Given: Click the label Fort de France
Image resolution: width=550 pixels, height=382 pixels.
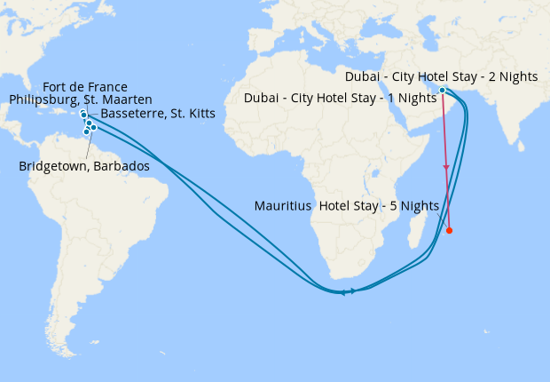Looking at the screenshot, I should click(85, 86).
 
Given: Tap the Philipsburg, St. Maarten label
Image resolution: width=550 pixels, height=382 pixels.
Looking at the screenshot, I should click(81, 99).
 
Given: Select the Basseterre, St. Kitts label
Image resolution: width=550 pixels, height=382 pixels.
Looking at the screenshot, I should click(158, 114).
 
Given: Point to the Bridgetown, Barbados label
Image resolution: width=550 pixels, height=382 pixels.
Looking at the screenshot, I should click(83, 166).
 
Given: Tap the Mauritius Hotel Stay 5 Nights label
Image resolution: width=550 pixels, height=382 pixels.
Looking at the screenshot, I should click(347, 205).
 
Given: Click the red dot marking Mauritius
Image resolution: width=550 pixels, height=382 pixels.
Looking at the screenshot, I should click(449, 231).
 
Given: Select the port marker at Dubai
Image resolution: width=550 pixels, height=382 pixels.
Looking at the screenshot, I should click(442, 90).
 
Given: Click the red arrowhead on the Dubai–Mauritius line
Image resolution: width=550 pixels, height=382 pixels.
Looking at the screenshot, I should click(446, 167).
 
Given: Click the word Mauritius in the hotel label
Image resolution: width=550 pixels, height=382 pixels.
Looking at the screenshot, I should click(284, 205).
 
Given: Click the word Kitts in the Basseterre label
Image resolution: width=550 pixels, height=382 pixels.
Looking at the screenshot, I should click(200, 114).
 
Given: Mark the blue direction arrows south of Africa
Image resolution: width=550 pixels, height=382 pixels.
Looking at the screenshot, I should click(347, 291).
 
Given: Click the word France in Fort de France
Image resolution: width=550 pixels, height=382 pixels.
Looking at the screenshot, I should click(107, 86).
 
